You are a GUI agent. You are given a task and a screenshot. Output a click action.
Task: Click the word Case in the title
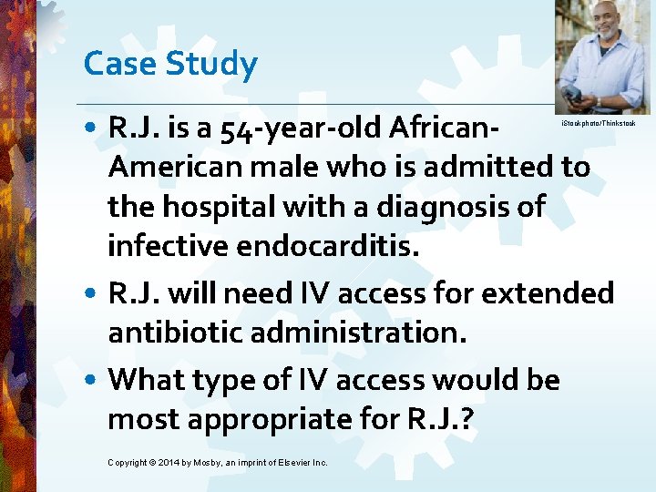[113, 64]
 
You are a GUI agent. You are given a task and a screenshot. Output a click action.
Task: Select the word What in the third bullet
[147, 380]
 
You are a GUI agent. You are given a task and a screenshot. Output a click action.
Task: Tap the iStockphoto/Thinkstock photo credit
[597, 122]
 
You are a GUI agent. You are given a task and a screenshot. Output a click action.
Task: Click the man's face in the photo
[601, 21]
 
